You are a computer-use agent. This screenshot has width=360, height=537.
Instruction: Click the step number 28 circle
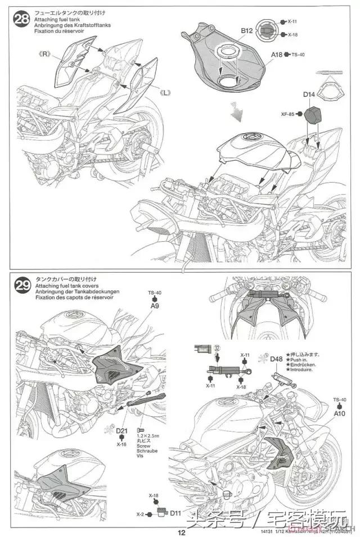[22, 20]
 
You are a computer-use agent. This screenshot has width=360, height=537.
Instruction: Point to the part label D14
[309, 95]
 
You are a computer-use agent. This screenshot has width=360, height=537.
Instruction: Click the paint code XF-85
[287, 114]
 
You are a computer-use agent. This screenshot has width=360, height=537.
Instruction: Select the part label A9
[155, 306]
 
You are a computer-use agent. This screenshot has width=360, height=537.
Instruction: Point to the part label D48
[276, 359]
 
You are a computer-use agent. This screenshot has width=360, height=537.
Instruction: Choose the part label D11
[175, 513]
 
